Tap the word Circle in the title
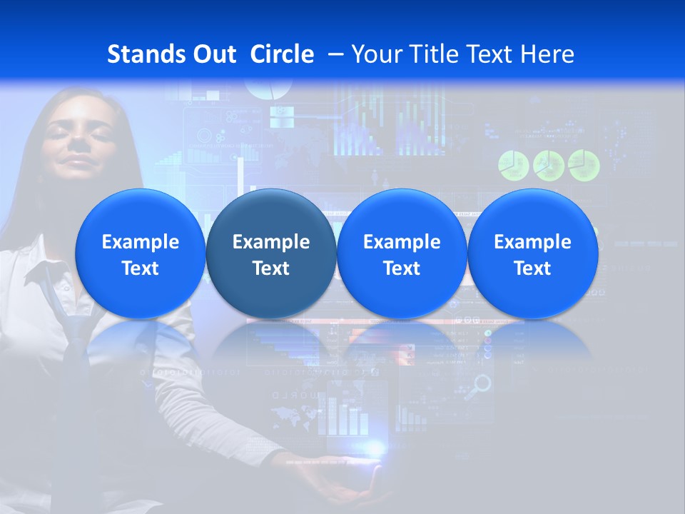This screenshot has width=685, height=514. click(282, 54)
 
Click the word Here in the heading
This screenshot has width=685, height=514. click(547, 54)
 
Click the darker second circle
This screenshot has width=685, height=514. click(271, 253)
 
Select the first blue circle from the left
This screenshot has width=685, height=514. click(140, 253)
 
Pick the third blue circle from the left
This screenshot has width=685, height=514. click(402, 253)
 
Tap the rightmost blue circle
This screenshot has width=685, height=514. click(532, 253)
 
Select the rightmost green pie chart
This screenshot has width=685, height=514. click(584, 165)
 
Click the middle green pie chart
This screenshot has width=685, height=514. click(548, 165)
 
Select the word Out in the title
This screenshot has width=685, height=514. click(215, 54)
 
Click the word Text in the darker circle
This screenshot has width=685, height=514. click(271, 268)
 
